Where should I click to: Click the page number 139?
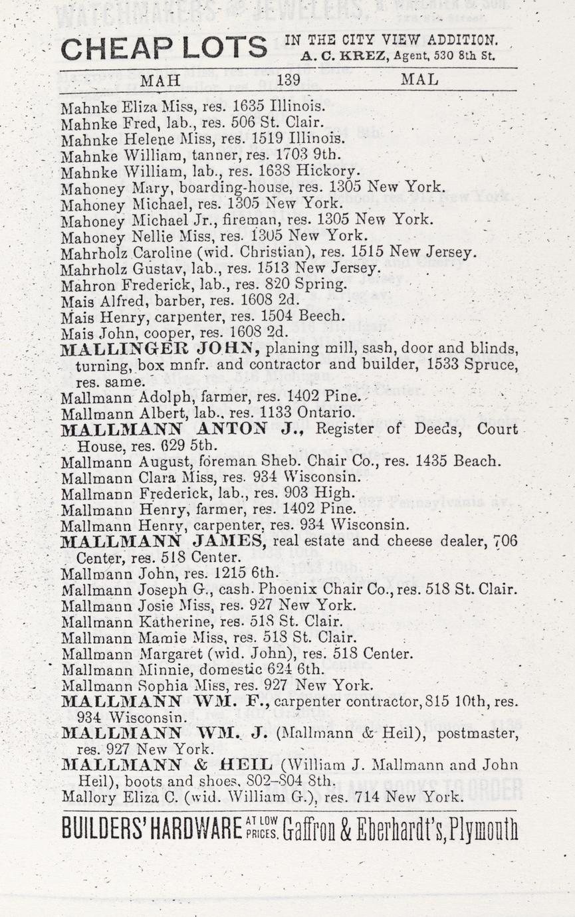288,80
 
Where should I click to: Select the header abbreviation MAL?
419,80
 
